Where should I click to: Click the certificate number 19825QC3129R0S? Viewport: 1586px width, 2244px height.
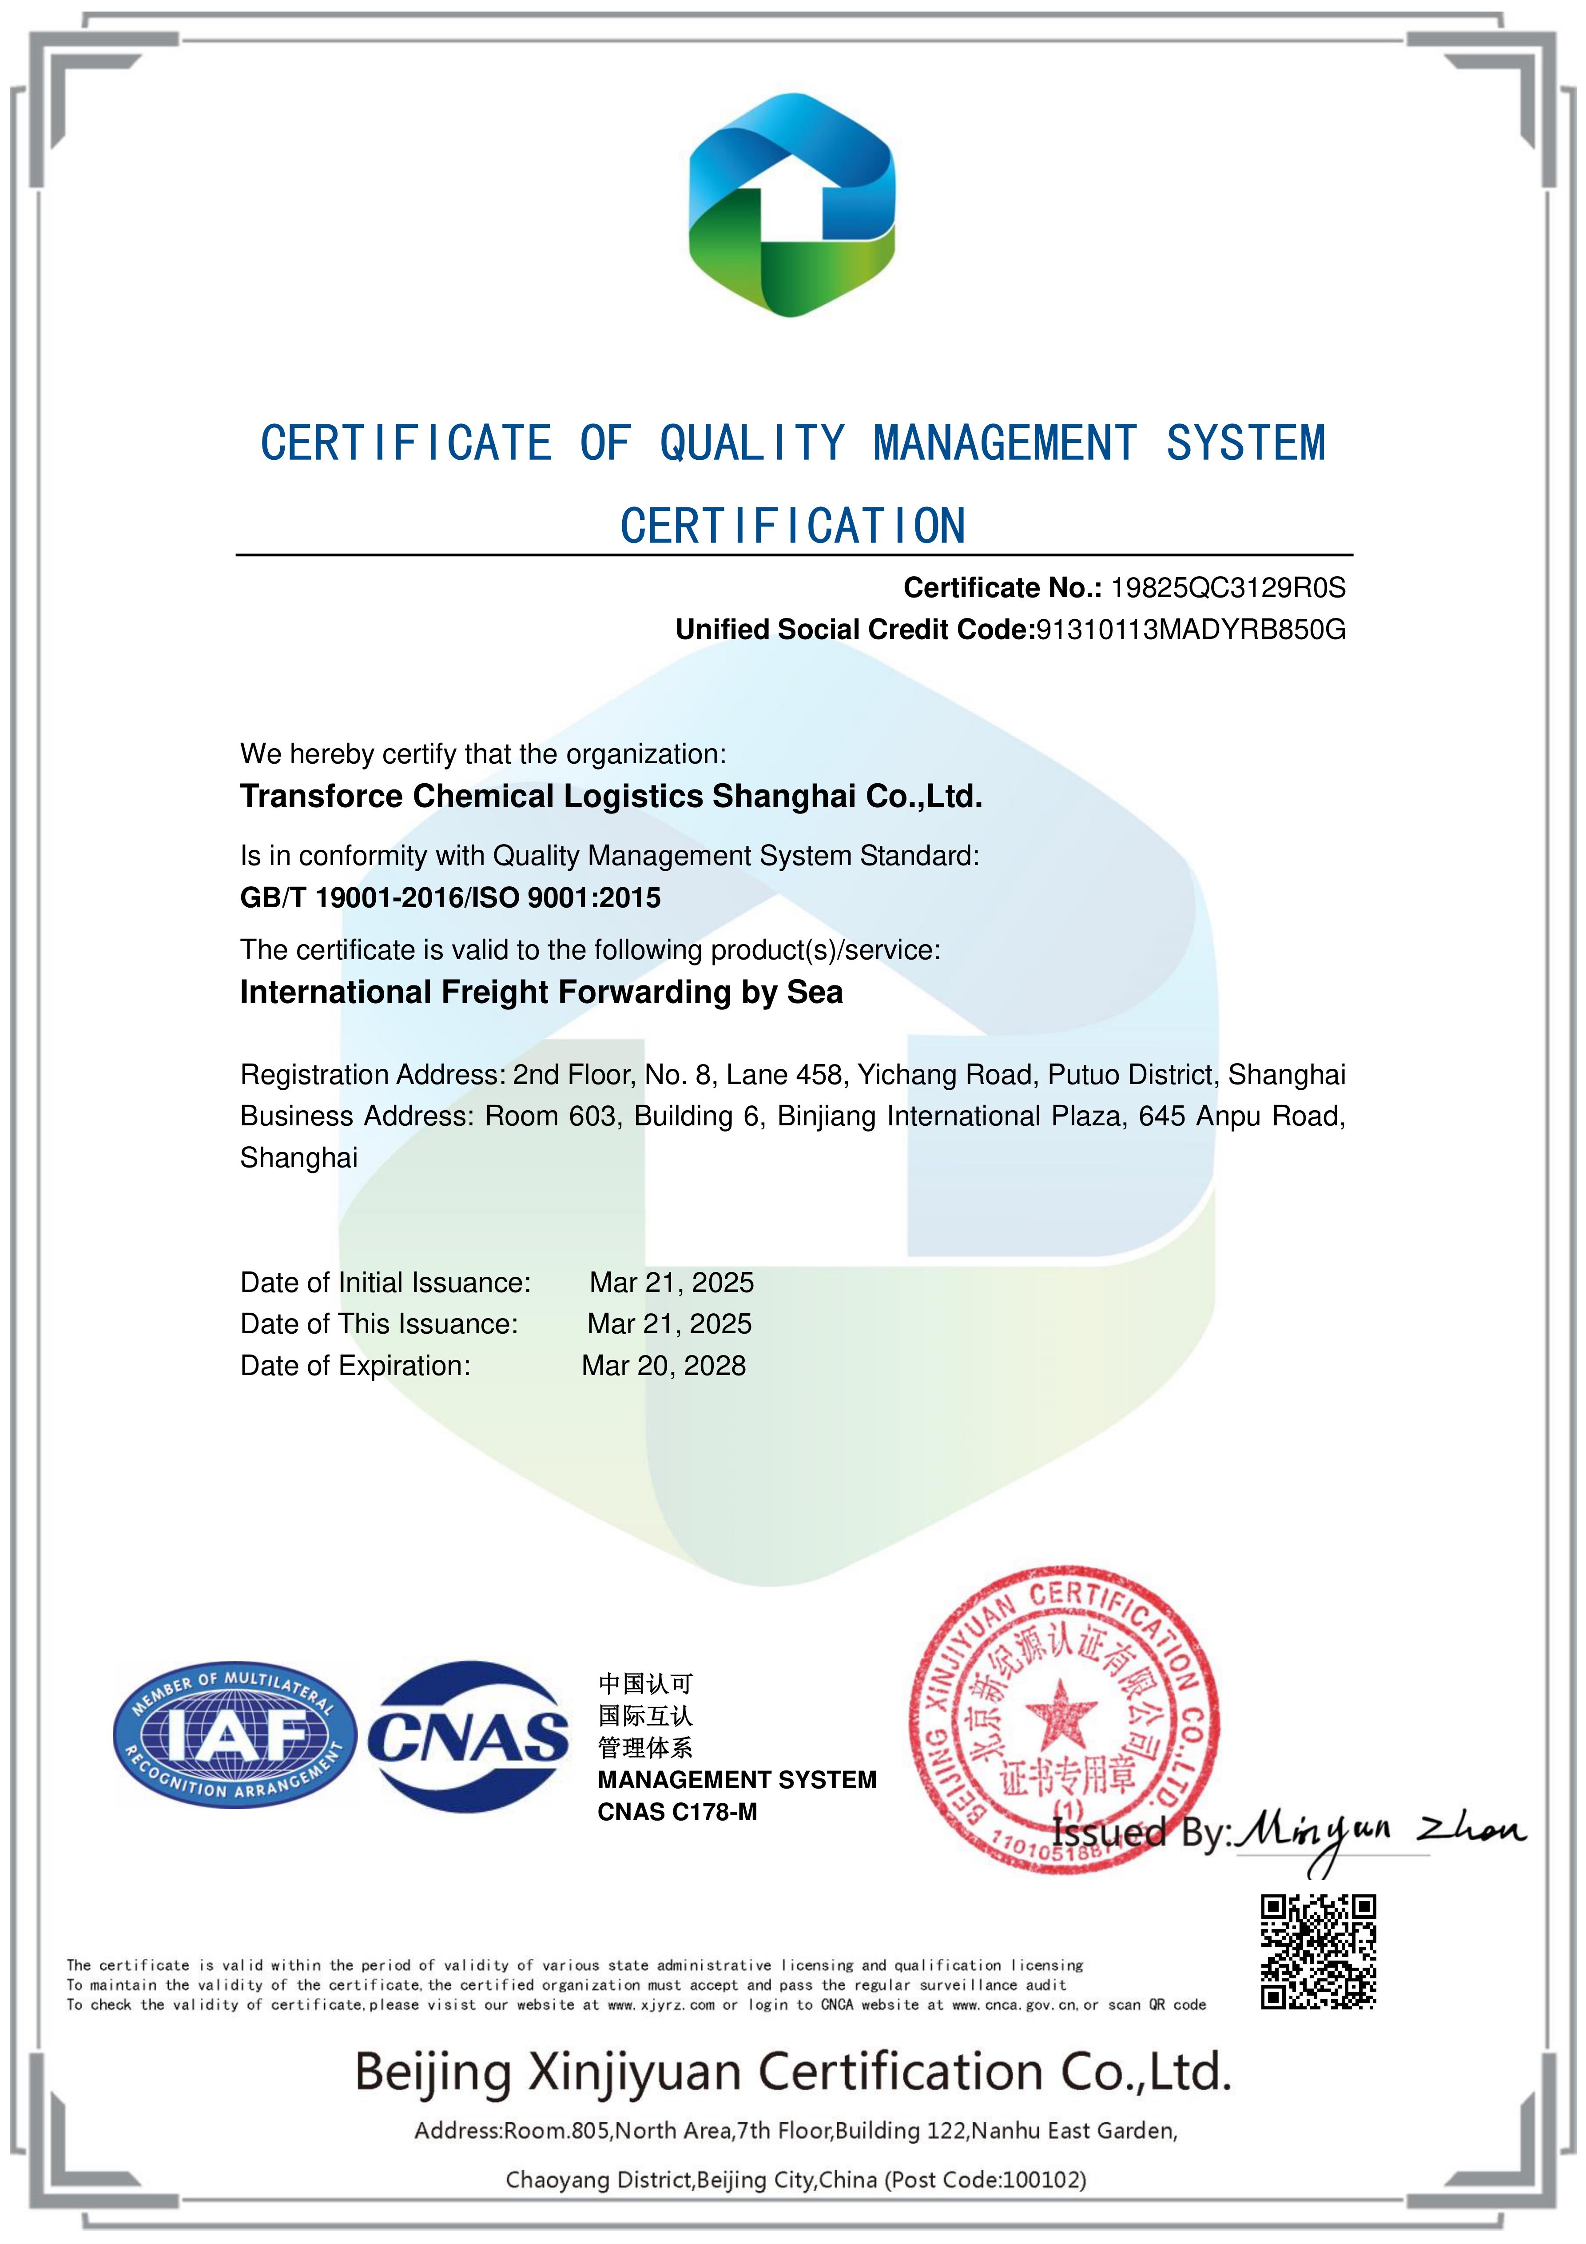1228,587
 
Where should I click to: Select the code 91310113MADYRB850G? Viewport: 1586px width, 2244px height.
1190,630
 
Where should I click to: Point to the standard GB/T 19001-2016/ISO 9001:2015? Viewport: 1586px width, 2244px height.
450,897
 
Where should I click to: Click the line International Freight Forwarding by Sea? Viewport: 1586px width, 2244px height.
541,992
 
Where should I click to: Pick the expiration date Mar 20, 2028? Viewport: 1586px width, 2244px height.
664,1365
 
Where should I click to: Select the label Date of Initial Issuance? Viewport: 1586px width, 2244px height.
385,1282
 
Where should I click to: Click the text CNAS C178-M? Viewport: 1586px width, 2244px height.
677,1812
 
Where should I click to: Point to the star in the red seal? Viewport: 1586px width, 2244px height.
1060,1713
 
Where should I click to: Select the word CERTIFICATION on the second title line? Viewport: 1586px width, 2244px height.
792,526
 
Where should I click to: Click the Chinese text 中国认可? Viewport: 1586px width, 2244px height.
645,1683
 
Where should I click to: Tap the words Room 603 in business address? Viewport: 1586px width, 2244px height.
550,1116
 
